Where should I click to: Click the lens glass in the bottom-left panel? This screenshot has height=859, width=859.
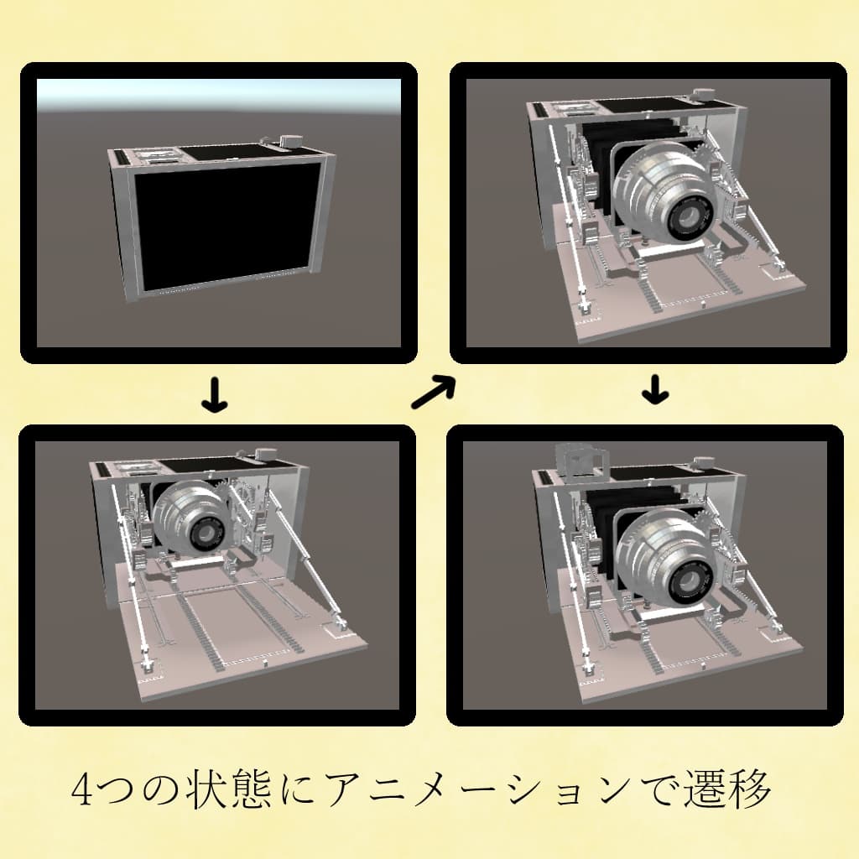point(206,534)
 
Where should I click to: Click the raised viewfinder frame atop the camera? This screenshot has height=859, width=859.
point(580,460)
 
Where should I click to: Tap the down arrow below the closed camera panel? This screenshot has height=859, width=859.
point(216,398)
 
